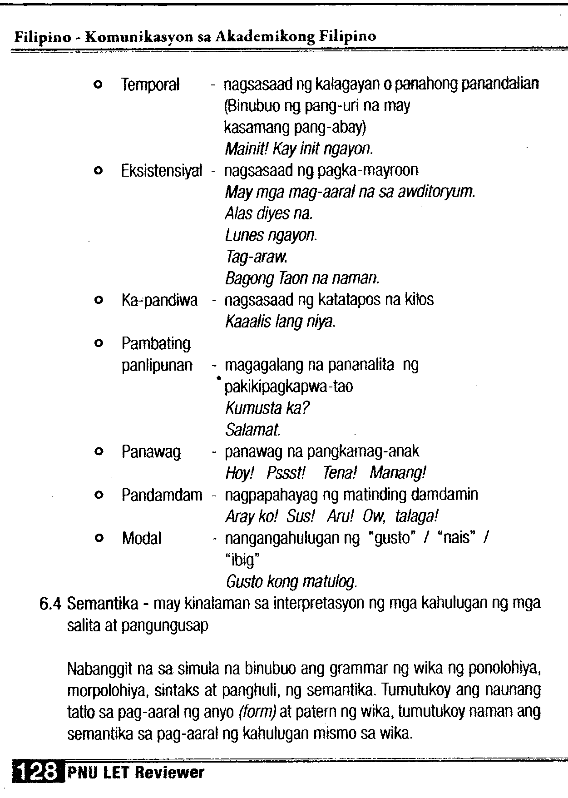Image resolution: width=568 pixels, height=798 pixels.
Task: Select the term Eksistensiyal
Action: point(161,171)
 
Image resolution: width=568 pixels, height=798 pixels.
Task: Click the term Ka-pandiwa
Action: point(159,300)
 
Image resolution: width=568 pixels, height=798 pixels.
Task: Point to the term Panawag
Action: point(151,452)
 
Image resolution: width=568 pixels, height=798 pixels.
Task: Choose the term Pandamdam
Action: point(162,495)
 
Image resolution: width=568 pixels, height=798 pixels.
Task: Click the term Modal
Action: point(142,539)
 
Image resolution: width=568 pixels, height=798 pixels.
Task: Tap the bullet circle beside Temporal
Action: point(97,84)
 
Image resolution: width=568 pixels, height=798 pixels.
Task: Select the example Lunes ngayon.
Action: point(271,235)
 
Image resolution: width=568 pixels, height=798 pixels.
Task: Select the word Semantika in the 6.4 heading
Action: point(103,604)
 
